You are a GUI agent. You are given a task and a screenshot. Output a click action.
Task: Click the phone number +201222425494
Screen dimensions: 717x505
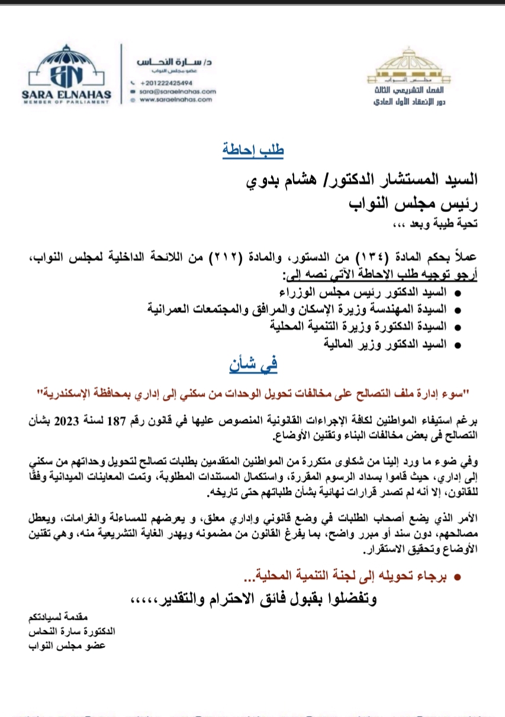pyautogui.click(x=166, y=83)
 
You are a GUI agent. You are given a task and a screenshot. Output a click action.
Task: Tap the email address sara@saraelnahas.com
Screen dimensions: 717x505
pyautogui.click(x=178, y=92)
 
